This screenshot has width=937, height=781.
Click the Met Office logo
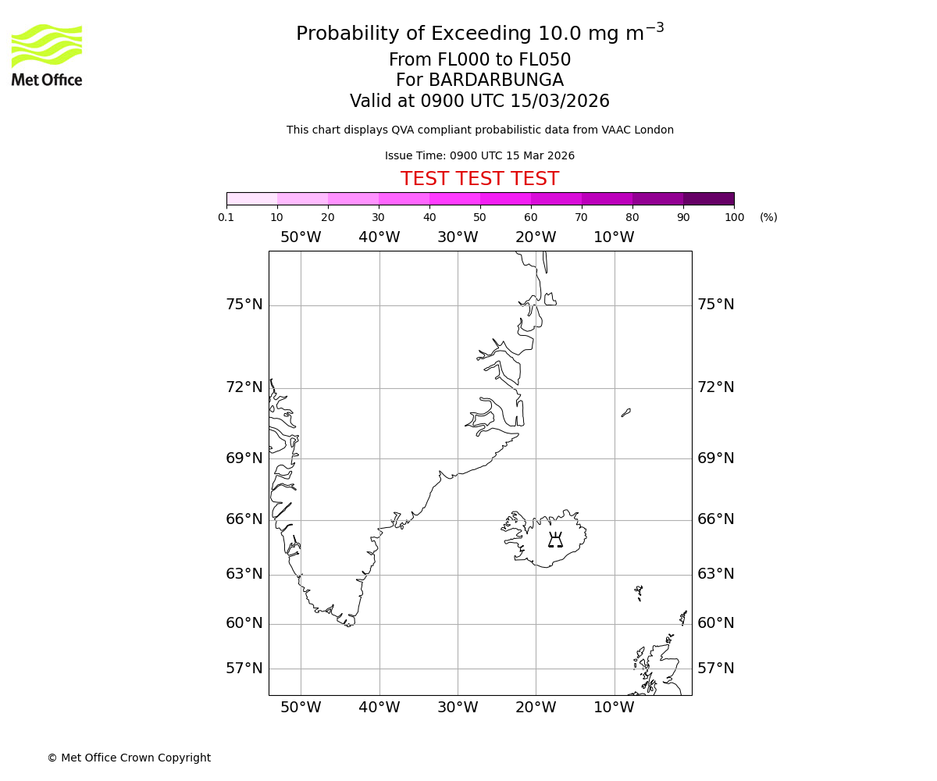coord(47,55)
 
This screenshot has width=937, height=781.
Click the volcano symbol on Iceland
coord(555,540)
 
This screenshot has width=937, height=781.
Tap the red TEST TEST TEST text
coord(479,180)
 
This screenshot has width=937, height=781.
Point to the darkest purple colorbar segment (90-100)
coord(708,198)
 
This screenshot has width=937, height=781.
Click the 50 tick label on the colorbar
coord(479,218)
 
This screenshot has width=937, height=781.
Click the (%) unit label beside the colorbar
coord(768,218)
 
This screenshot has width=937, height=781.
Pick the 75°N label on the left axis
coord(244,305)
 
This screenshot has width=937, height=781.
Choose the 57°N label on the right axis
coord(715,669)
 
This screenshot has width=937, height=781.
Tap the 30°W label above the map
coord(458,237)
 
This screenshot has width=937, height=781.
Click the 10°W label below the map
coord(614,708)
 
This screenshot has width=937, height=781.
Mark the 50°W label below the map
coord(301,708)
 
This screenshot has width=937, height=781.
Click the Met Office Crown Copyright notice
coord(129,758)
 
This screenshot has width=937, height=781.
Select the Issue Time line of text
coord(479,156)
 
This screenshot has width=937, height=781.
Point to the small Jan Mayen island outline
coord(626,412)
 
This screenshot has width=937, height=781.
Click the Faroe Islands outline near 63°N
coord(639,591)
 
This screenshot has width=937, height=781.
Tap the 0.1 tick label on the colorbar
coord(226,218)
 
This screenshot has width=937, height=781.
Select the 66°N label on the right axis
coord(715,519)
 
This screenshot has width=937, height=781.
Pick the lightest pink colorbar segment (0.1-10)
coord(251,198)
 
